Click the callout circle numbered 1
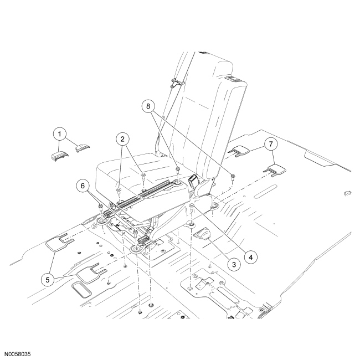pyautogui.click(x=59, y=133)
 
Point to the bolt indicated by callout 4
pyautogui.click(x=192, y=208)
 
